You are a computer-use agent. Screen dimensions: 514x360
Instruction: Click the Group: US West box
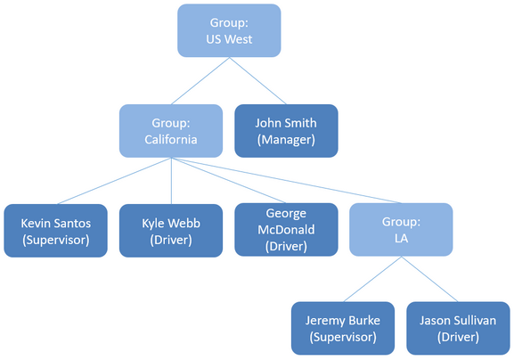(229, 30)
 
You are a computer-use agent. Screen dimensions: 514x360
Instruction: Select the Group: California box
(171, 131)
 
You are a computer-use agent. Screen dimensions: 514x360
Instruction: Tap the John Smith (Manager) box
(286, 131)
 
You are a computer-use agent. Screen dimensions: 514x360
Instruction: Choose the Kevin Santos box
(56, 231)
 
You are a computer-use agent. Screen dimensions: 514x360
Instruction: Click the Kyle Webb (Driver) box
(171, 231)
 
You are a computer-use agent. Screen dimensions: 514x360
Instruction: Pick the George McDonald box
(286, 230)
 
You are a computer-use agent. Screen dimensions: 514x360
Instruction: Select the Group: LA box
(401, 230)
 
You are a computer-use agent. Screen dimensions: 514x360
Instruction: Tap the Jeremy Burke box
(343, 328)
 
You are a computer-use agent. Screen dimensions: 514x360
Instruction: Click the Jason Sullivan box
(458, 328)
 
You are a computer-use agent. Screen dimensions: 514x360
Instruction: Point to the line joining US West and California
(200, 81)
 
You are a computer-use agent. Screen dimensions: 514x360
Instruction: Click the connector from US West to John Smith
(258, 81)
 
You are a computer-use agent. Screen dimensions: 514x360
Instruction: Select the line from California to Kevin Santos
(114, 181)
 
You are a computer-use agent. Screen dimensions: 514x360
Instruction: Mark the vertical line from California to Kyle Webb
(171, 181)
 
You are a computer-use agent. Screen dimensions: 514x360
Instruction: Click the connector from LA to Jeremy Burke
(372, 279)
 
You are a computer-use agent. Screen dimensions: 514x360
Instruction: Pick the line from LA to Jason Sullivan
(429, 279)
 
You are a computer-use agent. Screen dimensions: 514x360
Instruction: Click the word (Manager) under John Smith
(286, 140)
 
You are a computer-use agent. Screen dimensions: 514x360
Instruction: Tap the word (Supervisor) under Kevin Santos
(56, 240)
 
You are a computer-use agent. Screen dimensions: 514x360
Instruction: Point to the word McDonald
(286, 230)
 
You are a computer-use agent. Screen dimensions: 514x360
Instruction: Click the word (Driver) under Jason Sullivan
(458, 337)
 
